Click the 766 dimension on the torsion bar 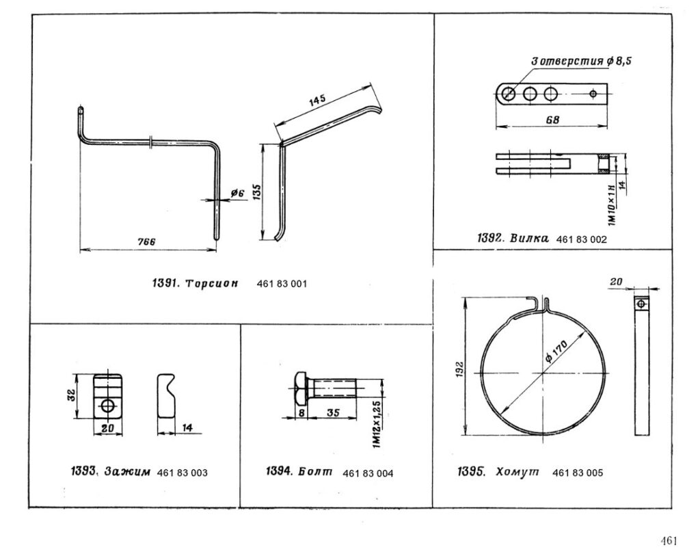(146, 241)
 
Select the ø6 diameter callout (237, 193)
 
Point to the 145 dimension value (317, 101)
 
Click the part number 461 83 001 (282, 284)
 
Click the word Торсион (212, 284)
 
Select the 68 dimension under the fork (552, 120)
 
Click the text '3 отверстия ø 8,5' (581, 61)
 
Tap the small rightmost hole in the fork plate (593, 94)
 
